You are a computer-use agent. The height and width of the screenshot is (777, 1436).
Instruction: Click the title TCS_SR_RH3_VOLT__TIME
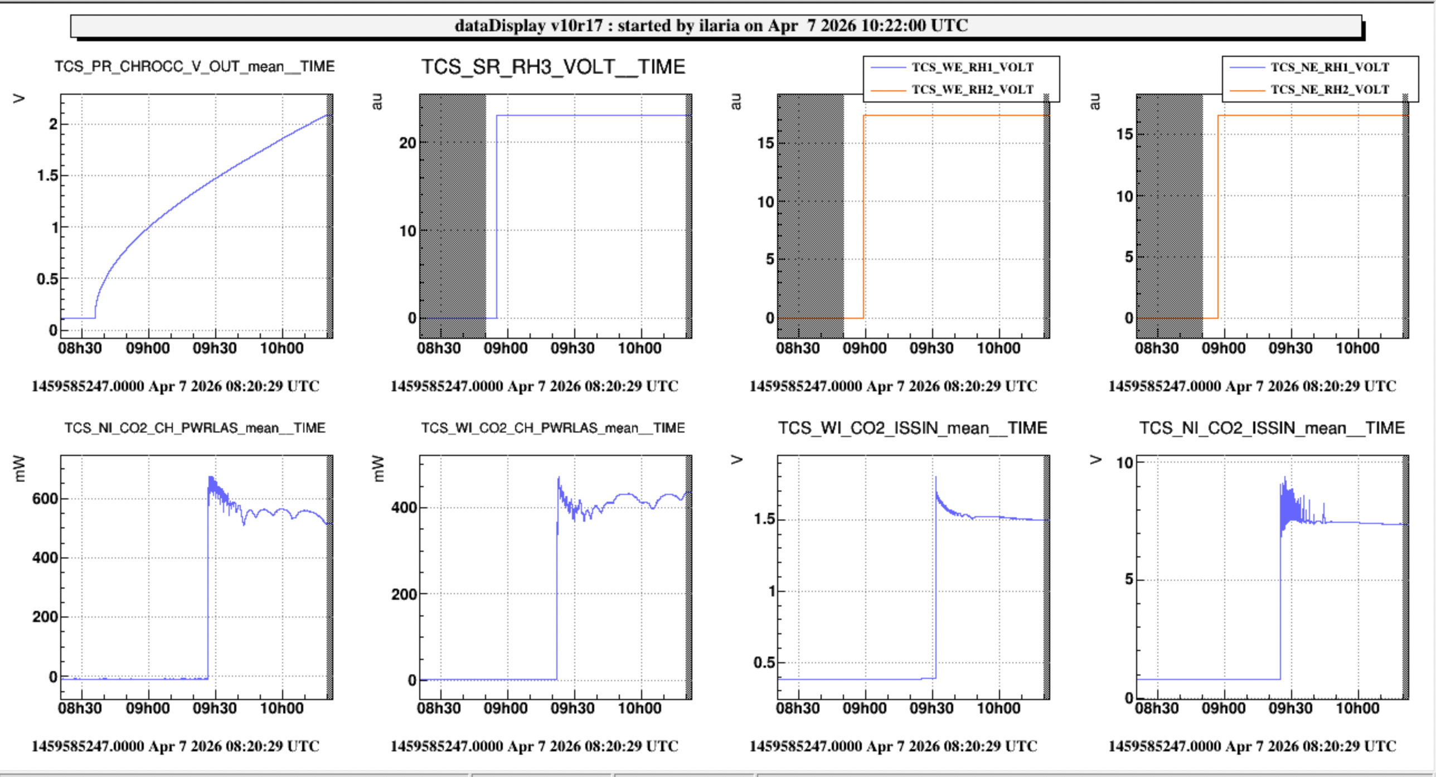[552, 67]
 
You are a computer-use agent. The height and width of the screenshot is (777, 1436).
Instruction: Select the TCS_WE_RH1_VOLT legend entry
[972, 67]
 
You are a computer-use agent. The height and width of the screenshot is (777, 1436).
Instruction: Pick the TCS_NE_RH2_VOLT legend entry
[1330, 90]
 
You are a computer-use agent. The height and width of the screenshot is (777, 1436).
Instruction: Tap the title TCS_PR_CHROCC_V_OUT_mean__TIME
[195, 67]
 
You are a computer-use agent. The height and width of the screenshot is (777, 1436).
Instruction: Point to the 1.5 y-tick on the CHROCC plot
[47, 176]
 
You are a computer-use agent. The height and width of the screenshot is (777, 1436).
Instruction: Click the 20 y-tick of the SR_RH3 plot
[407, 143]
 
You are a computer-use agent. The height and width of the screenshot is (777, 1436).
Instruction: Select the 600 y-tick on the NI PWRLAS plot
[45, 499]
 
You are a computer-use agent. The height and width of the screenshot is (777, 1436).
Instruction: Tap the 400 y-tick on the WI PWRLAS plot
[404, 508]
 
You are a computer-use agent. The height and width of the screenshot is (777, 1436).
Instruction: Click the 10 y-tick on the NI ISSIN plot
[1124, 463]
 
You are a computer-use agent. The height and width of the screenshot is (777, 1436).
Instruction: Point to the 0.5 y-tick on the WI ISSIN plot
[764, 663]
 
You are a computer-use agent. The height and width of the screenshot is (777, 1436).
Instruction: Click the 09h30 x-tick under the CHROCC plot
[215, 348]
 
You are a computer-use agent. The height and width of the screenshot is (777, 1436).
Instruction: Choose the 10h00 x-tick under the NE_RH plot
[1357, 348]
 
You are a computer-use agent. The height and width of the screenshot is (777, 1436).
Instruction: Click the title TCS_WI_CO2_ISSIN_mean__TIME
[912, 428]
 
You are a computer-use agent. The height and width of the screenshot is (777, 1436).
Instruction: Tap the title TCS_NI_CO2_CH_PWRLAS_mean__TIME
[195, 428]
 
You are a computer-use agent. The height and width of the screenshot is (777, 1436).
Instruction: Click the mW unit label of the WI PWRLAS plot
[378, 468]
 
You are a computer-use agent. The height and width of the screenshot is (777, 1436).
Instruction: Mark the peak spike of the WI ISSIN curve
[936, 478]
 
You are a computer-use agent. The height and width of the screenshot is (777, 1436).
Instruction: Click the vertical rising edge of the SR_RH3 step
[497, 217]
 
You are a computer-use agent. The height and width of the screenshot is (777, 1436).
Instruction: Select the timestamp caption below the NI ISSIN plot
[1252, 746]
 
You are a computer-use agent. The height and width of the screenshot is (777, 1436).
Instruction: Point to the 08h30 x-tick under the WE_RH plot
[798, 348]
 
